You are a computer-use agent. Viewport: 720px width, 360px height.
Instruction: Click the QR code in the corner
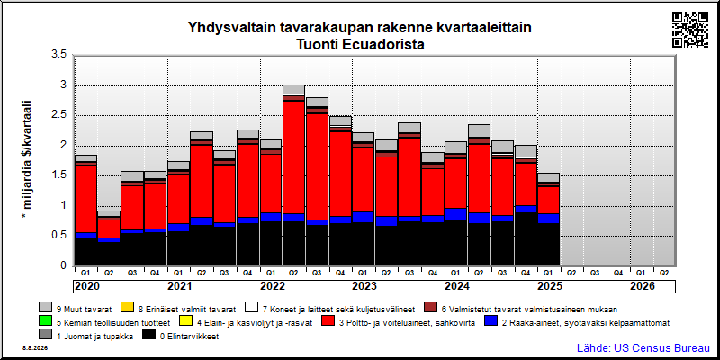pos(690,30)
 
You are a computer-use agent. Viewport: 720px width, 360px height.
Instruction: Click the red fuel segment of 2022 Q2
pos(294,157)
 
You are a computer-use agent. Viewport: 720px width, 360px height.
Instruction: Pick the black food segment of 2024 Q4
pos(526,238)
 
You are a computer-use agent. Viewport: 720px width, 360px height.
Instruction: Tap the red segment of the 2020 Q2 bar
pos(109,229)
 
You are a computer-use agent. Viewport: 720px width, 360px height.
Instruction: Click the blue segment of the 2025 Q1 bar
pos(549,218)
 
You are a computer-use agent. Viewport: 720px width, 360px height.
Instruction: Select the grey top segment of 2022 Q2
pos(294,89)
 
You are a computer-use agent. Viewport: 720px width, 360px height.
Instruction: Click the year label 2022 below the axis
pos(273,286)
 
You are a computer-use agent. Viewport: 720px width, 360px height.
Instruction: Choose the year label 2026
pos(642,286)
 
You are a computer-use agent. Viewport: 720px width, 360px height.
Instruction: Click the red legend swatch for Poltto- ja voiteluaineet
pos(328,322)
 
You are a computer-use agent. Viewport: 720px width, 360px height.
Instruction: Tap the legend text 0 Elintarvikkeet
pos(189,337)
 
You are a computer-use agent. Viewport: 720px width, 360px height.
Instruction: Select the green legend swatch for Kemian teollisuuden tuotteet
pos(46,322)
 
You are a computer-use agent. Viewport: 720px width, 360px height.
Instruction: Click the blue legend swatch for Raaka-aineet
pos(490,322)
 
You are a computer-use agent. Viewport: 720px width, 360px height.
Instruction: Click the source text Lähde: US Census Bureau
pos(643,347)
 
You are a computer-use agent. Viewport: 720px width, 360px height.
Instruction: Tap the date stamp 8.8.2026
pos(35,348)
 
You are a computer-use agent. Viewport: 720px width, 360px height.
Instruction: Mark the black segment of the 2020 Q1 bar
pos(85,251)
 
